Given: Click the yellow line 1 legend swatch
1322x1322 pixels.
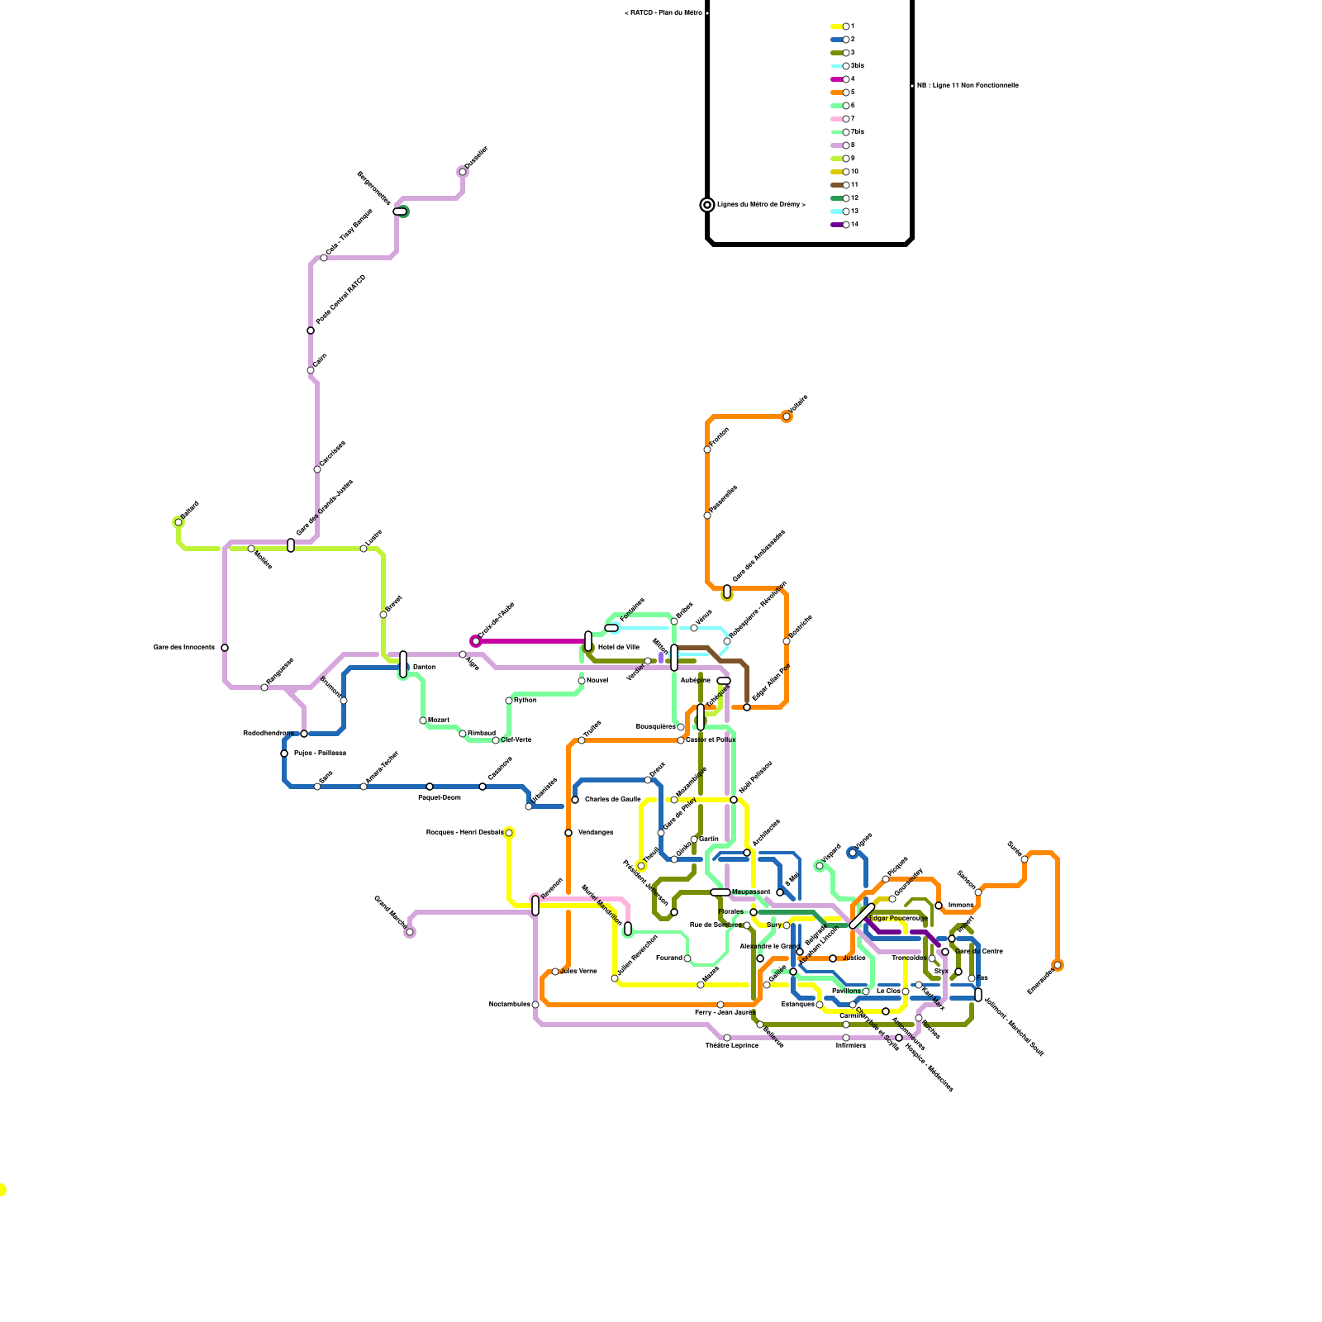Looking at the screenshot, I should tap(836, 26).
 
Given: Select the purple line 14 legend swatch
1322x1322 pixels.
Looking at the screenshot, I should tap(836, 225).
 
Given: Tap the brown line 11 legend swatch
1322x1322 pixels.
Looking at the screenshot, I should tap(836, 185).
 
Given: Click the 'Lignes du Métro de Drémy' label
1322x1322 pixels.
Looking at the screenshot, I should tap(760, 205).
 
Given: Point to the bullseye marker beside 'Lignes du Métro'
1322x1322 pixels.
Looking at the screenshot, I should tap(707, 205).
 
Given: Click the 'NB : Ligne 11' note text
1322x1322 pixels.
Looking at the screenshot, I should tap(967, 86).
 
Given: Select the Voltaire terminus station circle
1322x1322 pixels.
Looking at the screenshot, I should tap(787, 416).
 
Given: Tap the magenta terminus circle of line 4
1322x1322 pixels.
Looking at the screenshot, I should tap(475, 641).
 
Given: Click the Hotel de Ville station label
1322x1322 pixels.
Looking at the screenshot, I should tap(618, 648).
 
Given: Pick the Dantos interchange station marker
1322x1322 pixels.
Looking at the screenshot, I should tap(403, 664).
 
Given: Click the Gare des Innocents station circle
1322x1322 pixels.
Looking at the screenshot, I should tap(225, 648).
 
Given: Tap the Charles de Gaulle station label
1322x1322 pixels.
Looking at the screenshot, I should tap(612, 800).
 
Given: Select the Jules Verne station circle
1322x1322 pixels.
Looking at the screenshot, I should tap(555, 972).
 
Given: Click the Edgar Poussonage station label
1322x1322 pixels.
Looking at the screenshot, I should tap(898, 919).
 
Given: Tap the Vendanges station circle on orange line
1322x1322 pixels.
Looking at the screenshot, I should tap(568, 833).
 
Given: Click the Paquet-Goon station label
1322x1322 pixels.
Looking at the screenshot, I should tap(439, 798).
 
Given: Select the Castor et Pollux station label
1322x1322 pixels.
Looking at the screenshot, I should tap(710, 740).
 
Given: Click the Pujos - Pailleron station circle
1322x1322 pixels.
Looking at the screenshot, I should tap(284, 754).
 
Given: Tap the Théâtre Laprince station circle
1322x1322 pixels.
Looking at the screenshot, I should tap(727, 1038).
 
